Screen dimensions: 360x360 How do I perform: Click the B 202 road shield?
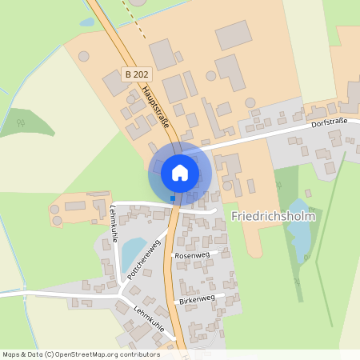coord(136,73)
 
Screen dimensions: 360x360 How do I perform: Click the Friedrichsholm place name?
coord(273,216)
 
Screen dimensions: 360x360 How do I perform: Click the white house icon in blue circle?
coord(179,172)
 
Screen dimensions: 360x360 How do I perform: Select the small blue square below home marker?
coord(172,198)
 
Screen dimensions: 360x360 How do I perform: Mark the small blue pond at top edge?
coord(86,22)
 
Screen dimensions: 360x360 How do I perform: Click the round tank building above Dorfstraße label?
coord(250,104)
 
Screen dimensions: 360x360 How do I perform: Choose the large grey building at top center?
coord(234,35)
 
